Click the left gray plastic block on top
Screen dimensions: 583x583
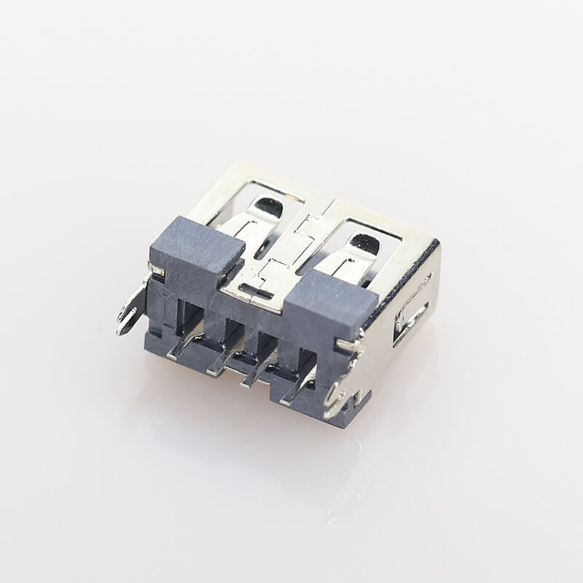pyautogui.click(x=195, y=248)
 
